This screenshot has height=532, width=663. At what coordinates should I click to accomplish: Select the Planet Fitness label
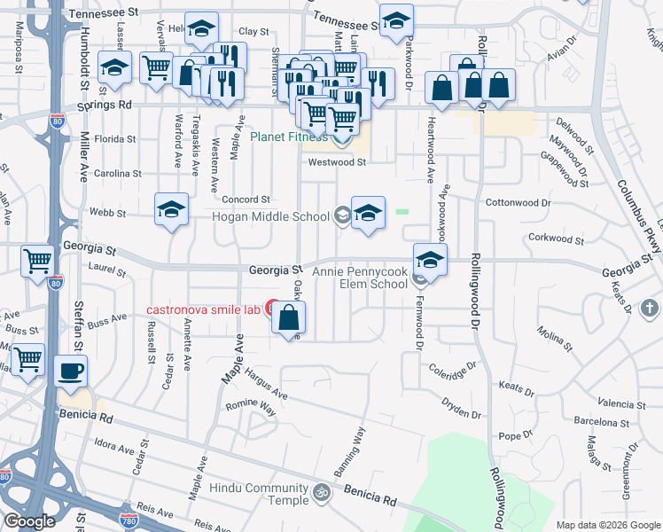pyautogui.click(x=288, y=137)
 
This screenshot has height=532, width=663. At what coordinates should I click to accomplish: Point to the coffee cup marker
pyautogui.click(x=70, y=371)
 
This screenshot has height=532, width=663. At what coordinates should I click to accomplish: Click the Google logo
pyautogui.click(x=29, y=521)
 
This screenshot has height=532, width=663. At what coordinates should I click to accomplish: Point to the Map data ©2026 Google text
pyautogui.click(x=607, y=525)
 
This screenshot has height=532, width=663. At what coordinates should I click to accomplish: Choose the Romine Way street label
pyautogui.click(x=249, y=408)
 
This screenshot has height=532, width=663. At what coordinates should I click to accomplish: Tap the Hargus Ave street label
pyautogui.click(x=268, y=383)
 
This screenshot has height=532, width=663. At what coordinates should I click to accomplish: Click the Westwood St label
pyautogui.click(x=337, y=162)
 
